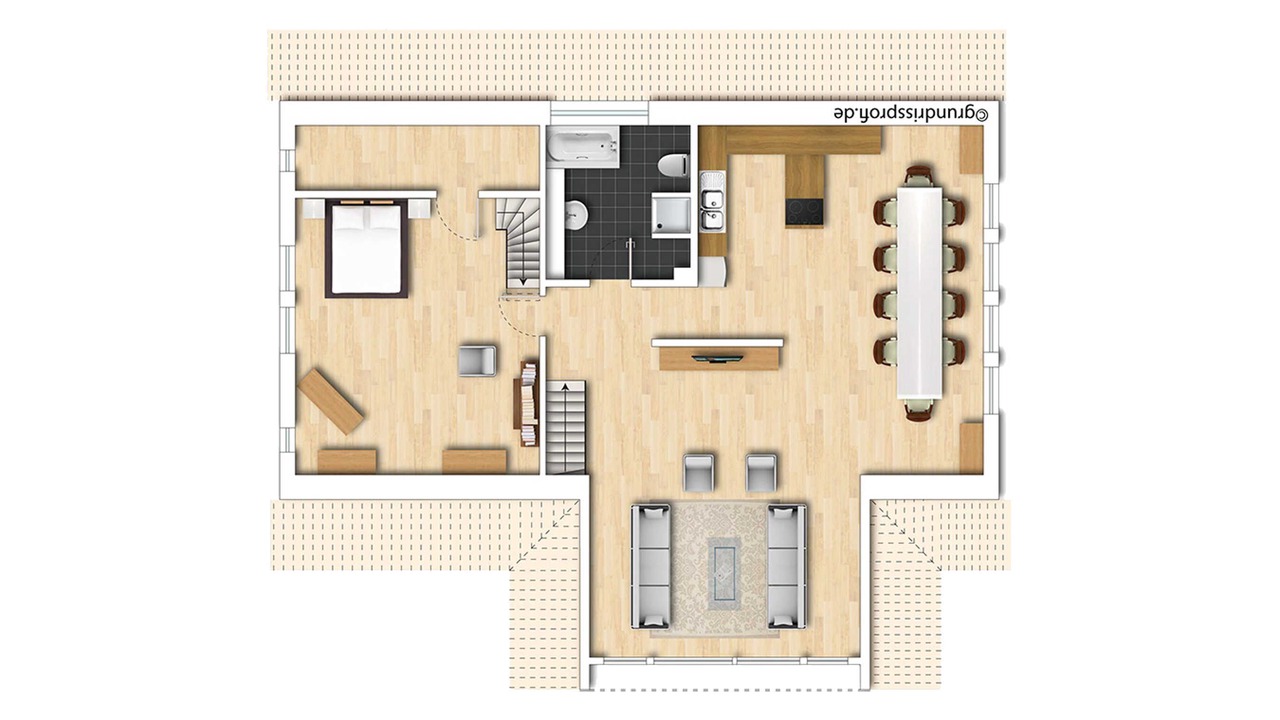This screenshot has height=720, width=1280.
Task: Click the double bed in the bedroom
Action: coord(366,248)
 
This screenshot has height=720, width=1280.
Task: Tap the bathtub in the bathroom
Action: coord(583,147)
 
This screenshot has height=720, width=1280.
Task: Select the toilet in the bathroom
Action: coord(673,165)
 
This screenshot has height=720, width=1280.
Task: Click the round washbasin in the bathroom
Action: coord(577,214)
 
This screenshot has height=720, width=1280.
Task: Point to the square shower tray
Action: coord(671,214)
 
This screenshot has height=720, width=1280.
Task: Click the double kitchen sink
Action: coord(713,202)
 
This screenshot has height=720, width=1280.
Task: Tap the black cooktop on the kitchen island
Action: coord(805,212)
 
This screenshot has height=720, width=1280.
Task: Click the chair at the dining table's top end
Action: coord(919,175)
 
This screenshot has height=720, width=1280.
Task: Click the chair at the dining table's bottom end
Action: coord(919,409)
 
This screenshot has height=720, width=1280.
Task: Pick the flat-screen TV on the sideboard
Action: coord(717,359)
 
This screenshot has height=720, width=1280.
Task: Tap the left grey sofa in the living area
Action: coord(651,566)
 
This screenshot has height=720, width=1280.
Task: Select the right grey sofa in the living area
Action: coord(787,566)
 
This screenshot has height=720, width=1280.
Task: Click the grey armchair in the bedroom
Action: coord(477,361)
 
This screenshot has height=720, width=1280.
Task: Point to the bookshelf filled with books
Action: coord(529,403)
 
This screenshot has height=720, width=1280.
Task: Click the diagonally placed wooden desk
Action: coord(330,401)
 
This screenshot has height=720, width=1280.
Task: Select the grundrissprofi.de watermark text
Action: coord(911,113)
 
